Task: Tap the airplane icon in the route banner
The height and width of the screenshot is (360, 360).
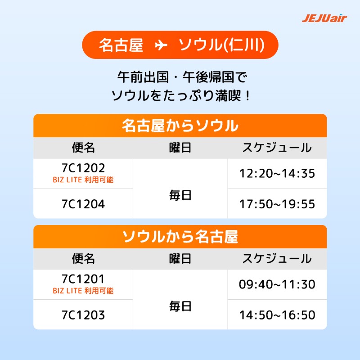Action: coord(161,45)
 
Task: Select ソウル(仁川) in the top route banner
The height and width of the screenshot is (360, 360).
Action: coord(221,45)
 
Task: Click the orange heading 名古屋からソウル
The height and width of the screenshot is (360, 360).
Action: coord(180,126)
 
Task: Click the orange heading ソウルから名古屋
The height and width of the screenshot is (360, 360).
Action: coord(180,237)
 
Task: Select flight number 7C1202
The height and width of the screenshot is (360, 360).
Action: coord(83,168)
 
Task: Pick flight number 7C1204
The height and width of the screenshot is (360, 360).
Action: coord(83,204)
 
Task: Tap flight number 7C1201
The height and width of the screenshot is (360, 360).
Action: coord(83,279)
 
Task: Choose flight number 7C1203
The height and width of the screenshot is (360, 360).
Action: coord(83,315)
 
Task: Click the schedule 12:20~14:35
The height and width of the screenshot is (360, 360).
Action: coord(277,173)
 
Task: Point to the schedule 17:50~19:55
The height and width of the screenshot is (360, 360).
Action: coord(277,204)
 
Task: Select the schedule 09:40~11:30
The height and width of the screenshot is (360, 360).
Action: coord(277,284)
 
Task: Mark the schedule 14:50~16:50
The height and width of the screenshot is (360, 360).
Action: coord(277,315)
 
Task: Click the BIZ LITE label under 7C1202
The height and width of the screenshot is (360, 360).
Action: coord(83,180)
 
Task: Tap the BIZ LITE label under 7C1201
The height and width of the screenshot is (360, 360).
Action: coord(83,291)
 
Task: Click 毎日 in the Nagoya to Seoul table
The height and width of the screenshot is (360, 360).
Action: coord(180,195)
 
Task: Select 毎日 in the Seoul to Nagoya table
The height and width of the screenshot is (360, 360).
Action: coord(180,306)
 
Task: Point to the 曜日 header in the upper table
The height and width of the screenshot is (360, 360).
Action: coord(180,148)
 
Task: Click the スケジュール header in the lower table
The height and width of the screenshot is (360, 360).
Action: coord(277,259)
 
